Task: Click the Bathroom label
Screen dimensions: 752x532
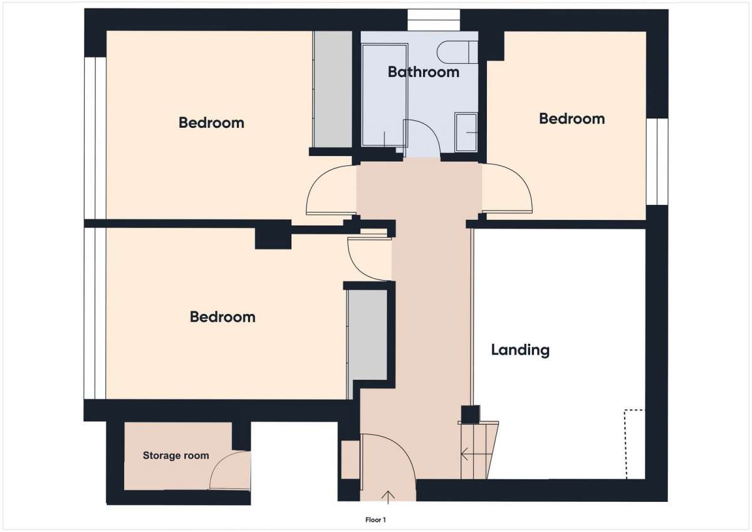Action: coord(424,72)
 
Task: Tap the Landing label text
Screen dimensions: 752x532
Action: coord(520,350)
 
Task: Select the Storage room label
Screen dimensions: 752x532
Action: coord(176,456)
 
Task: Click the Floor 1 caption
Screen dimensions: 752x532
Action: coord(375,520)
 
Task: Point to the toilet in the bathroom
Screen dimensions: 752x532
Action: coord(457,52)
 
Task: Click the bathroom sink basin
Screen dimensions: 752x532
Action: coord(466,132)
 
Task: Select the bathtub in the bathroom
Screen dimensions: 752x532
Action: coord(384,95)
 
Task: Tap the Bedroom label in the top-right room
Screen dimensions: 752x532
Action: coord(572,119)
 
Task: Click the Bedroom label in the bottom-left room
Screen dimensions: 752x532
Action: coord(222,317)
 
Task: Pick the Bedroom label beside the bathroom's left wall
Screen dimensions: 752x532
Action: coord(211,123)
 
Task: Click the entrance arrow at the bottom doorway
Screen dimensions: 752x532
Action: coord(388,497)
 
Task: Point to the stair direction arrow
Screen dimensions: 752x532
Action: coord(476,454)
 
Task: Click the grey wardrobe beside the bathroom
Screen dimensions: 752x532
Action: coord(333,89)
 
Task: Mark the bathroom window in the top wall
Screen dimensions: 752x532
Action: coord(434,20)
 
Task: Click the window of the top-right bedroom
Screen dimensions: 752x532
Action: coord(657,162)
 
